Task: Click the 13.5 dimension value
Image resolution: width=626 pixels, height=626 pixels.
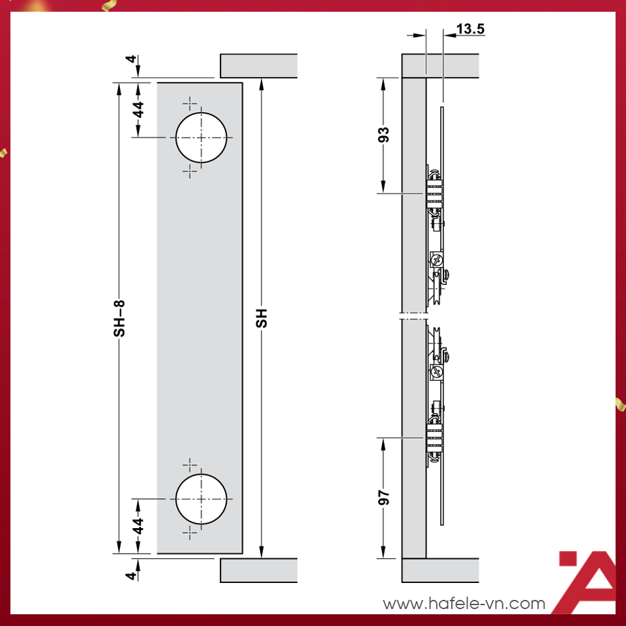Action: click(x=470, y=29)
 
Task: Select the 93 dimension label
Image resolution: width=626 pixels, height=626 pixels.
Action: click(x=385, y=135)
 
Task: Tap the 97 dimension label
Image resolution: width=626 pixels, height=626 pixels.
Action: click(x=385, y=498)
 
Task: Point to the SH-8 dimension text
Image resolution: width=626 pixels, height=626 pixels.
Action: click(x=119, y=318)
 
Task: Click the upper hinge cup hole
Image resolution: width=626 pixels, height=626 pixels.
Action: click(x=201, y=138)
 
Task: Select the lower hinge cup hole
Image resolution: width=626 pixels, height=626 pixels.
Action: click(x=201, y=499)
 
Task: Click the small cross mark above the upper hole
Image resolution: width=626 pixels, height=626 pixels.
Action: click(x=190, y=103)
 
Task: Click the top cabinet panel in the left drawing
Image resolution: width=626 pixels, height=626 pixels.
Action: click(x=259, y=66)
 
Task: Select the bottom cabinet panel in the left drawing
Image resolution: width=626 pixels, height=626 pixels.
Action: click(x=259, y=570)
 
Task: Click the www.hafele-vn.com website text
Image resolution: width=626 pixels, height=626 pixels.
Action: click(x=464, y=604)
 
